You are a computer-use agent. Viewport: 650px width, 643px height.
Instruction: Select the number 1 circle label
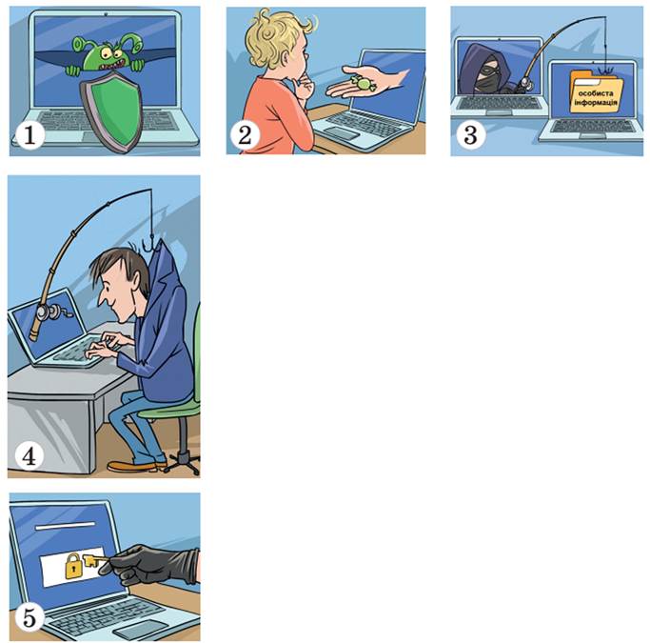(30, 135)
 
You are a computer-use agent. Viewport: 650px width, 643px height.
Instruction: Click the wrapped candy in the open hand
(363, 83)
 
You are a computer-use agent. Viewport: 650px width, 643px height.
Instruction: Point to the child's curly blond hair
(274, 38)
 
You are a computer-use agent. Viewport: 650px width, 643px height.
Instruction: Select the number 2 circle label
(246, 135)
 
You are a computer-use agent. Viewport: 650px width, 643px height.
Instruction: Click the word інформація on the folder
(596, 102)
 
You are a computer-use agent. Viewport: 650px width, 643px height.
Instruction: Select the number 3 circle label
(470, 135)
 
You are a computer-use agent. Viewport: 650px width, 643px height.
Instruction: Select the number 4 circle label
(29, 456)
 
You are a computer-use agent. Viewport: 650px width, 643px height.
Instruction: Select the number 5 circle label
(29, 617)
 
